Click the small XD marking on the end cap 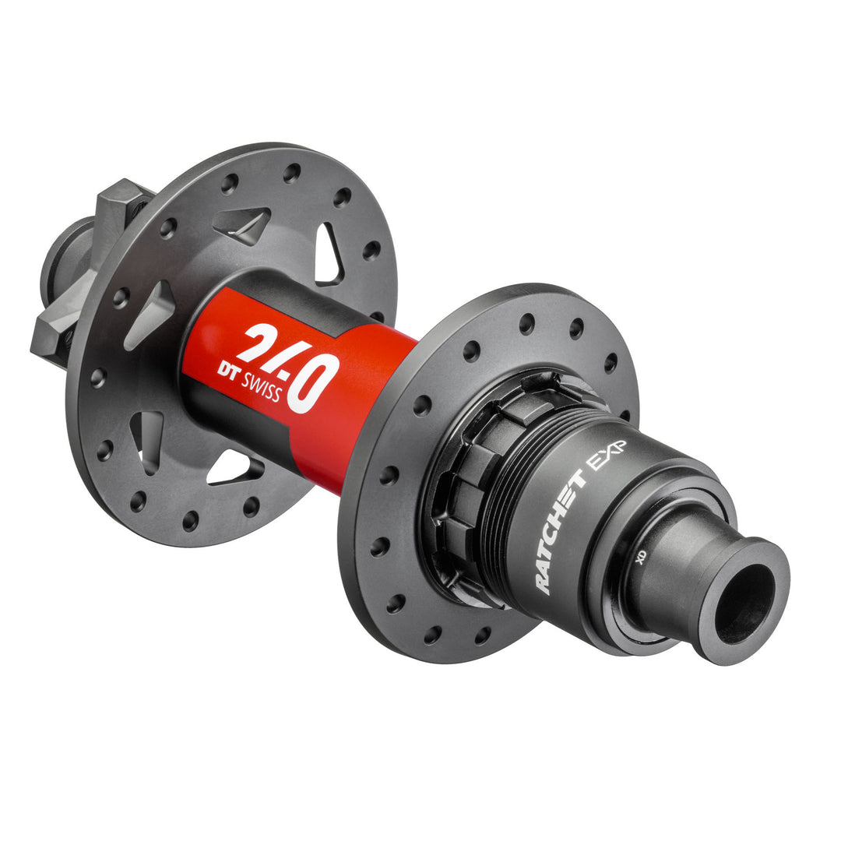point(641,579)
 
